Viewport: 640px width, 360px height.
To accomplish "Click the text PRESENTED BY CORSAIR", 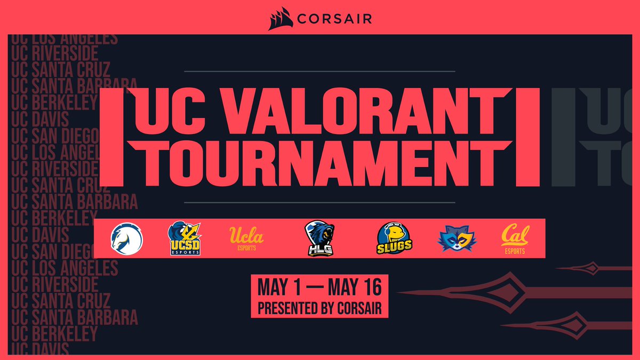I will coord(319,308).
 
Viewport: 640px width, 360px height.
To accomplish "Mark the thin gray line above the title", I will coord(319,71).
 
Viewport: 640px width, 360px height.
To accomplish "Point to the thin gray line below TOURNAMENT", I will coord(319,203).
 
